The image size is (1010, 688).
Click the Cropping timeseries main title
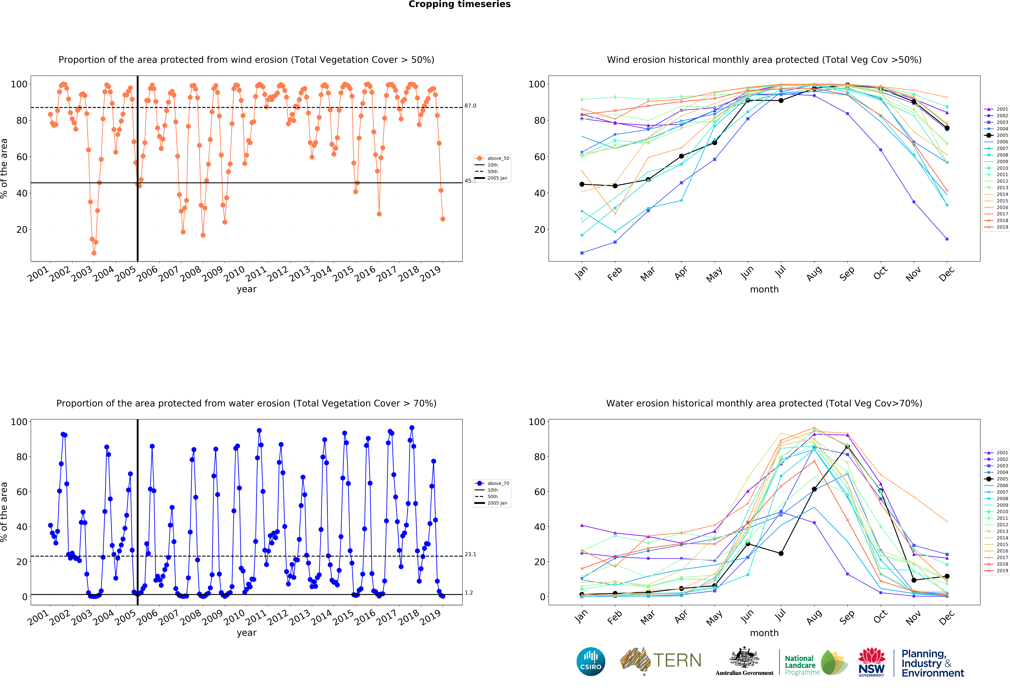459,4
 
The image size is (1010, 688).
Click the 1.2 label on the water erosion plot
469,593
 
